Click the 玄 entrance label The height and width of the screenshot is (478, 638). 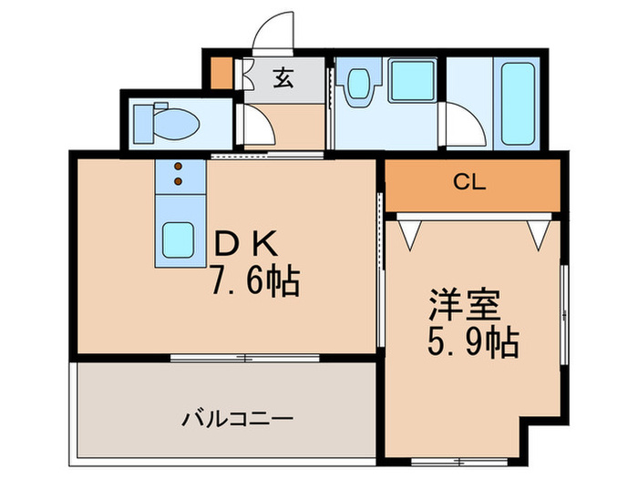(283, 79)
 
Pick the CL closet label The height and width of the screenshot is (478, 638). (470, 181)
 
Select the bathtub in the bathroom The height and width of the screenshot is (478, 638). (517, 102)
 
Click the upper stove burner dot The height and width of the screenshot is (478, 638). (179, 167)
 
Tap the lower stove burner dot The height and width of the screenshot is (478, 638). (179, 180)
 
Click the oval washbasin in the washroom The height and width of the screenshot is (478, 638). (357, 85)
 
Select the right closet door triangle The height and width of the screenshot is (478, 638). (537, 231)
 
